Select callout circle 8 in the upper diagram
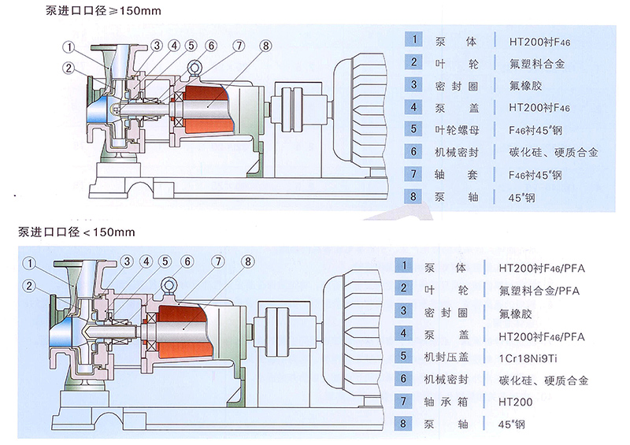265,46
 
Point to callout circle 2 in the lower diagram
31,285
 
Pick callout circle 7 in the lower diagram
217,262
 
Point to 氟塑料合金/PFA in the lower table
539,290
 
